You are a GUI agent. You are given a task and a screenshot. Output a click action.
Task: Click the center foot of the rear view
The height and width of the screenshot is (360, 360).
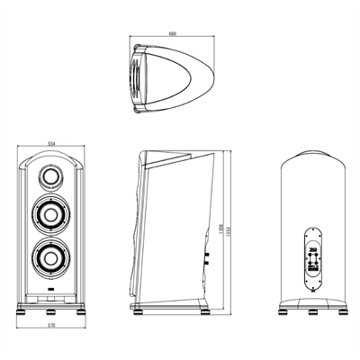coord(312,313)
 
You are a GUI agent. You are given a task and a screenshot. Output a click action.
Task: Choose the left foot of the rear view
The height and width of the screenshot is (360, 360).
coord(285,313)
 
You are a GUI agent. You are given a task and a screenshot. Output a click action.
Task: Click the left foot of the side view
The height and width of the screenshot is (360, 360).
coord(136,312)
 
